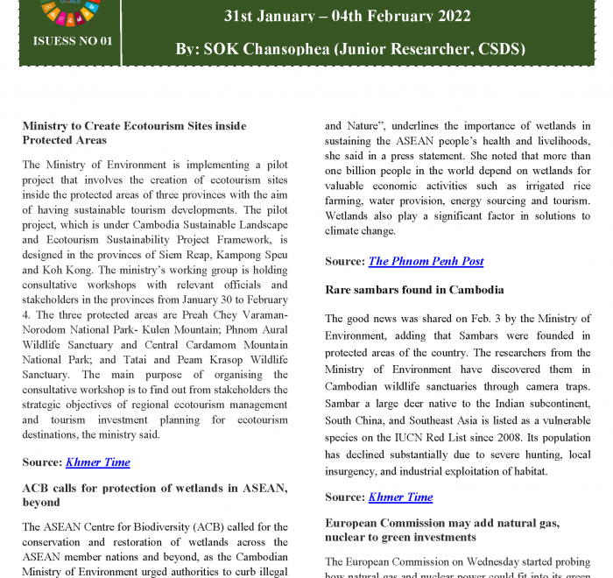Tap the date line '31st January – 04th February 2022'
(x=347, y=16)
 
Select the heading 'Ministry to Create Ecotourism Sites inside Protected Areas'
(x=134, y=133)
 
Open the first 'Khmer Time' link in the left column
(x=97, y=462)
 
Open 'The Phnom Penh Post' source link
(x=426, y=261)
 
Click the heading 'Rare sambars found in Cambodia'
(x=414, y=289)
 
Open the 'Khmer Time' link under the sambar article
(x=400, y=497)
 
